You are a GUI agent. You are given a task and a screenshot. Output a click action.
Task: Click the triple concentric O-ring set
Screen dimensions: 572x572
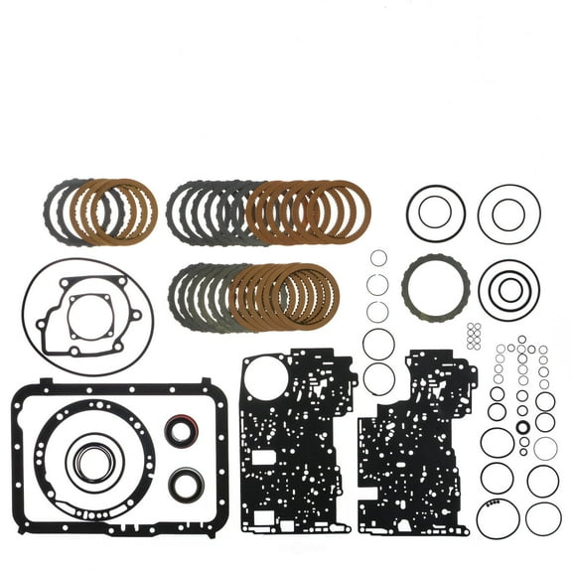[508, 289]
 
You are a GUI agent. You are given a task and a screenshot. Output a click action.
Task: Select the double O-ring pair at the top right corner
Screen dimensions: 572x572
[508, 213]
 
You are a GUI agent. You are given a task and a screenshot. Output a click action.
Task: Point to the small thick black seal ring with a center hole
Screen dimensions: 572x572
[523, 428]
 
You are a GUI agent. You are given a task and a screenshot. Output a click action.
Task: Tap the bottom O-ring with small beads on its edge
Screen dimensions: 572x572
[495, 518]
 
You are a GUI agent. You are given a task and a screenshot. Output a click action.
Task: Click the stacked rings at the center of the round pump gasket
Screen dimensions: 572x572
[92, 459]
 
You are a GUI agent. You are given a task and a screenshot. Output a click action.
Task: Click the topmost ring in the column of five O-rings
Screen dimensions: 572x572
[377, 259]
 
